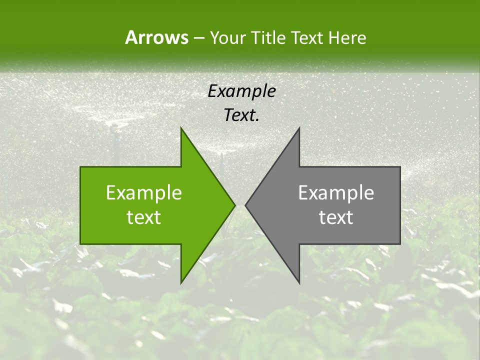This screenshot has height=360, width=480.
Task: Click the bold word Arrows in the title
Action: coord(156,37)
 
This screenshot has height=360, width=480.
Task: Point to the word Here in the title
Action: coord(347,38)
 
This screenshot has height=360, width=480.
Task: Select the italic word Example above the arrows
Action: coord(242,91)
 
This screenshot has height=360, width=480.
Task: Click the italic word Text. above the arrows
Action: coord(242,115)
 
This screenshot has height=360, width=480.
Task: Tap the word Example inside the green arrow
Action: coord(144,193)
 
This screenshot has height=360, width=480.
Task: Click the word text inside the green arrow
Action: coord(144,217)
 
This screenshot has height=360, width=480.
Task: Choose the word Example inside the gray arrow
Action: coord(336,193)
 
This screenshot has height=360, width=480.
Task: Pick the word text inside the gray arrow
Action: coord(336,217)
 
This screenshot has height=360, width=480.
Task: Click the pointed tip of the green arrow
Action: coord(234,205)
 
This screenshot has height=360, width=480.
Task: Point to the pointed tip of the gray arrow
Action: coord(245,205)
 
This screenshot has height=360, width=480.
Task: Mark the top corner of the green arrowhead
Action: coord(181,128)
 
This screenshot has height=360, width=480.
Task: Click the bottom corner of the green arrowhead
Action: coord(181,283)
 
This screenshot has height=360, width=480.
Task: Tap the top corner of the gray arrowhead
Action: coord(299,128)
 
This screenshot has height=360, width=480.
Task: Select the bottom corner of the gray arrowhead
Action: coord(299,283)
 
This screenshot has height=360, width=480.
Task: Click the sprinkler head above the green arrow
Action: coord(114,129)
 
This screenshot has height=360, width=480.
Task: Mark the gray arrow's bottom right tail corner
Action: coord(400,243)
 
